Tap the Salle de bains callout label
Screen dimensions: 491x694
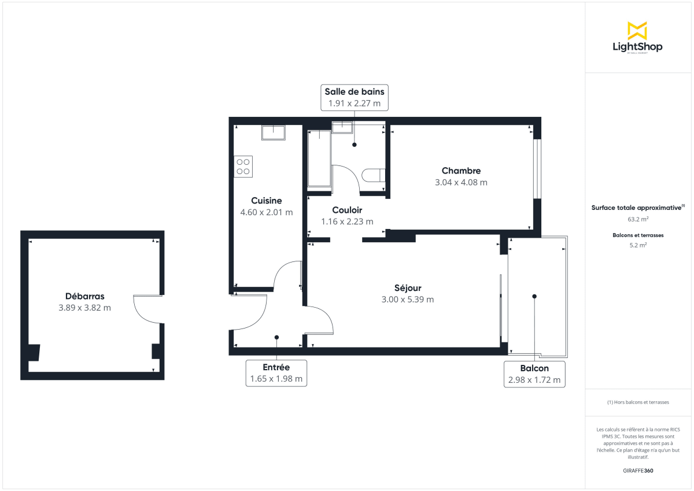point(354,97)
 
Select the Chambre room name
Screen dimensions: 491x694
point(461,171)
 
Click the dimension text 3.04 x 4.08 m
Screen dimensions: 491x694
point(461,182)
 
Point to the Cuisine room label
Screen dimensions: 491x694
point(266,201)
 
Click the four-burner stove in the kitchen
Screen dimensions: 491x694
point(243,166)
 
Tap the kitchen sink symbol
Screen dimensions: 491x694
point(274,132)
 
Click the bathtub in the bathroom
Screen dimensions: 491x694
point(319,159)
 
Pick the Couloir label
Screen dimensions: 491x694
point(347,210)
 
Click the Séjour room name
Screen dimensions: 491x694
point(408,288)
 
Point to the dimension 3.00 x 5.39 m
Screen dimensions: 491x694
point(408,300)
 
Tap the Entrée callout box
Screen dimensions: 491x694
point(276,373)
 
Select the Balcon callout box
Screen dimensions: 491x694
point(534,374)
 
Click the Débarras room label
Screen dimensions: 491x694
point(84,296)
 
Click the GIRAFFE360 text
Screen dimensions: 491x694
point(638,470)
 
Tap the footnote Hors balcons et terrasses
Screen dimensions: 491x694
point(638,402)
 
